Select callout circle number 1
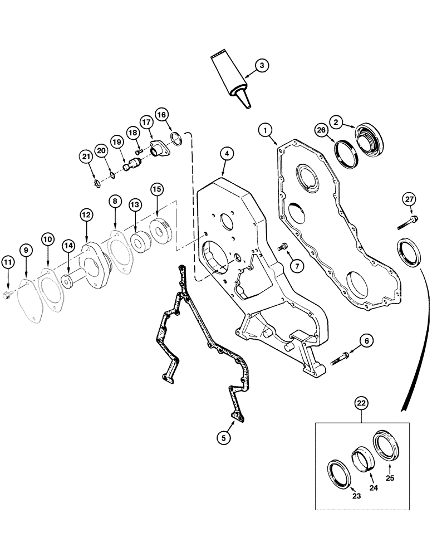click(x=267, y=131)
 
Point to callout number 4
click(x=225, y=152)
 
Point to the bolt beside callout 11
click(x=7, y=295)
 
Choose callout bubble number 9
click(x=27, y=251)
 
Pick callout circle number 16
click(x=161, y=115)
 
